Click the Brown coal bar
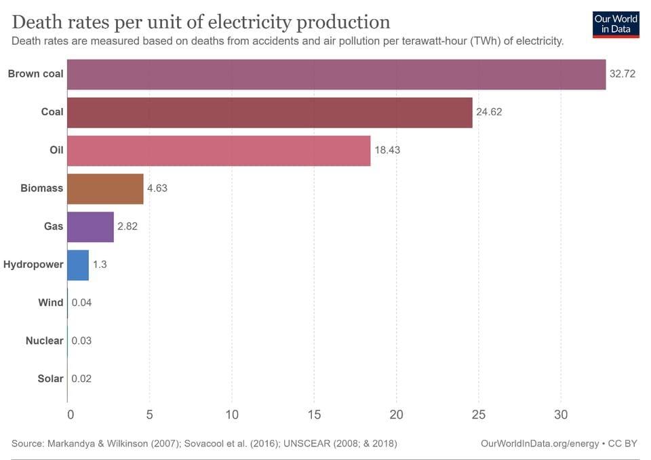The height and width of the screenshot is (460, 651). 336,74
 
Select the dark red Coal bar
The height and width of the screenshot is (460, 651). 270,112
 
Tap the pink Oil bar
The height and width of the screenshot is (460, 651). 219,150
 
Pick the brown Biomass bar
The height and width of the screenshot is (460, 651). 105,188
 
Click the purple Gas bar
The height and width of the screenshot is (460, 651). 91,226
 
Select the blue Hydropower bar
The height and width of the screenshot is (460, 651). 78,265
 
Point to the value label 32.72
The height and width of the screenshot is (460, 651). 622,74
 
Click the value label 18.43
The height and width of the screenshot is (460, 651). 387,150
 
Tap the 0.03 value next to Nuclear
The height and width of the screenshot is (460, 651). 81,341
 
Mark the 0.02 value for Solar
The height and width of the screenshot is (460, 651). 81,379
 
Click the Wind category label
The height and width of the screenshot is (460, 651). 50,303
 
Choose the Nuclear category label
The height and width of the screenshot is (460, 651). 44,341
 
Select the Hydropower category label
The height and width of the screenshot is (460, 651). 33,265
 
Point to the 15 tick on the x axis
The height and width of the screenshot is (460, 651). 314,414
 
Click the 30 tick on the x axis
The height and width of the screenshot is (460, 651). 561,414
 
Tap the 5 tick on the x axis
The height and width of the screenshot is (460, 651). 150,414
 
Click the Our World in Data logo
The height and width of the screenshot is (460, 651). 615,24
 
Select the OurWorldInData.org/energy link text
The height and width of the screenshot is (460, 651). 539,443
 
